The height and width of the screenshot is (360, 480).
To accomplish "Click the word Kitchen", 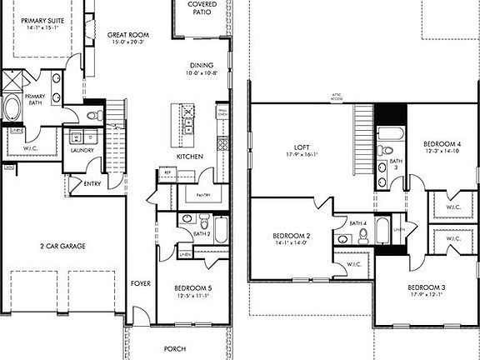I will pyautogui.click(x=188, y=157).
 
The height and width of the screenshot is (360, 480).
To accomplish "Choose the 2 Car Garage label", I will pyautogui.click(x=63, y=246).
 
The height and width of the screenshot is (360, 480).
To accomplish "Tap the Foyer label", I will pyautogui.click(x=141, y=283).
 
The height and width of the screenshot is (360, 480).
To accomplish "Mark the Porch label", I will pyautogui.click(x=174, y=348).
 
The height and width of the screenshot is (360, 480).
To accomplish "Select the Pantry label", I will pyautogui.click(x=202, y=196).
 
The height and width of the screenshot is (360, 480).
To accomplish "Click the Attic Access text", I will pyautogui.click(x=337, y=97).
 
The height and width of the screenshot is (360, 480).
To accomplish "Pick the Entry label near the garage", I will pyautogui.click(x=92, y=183).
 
